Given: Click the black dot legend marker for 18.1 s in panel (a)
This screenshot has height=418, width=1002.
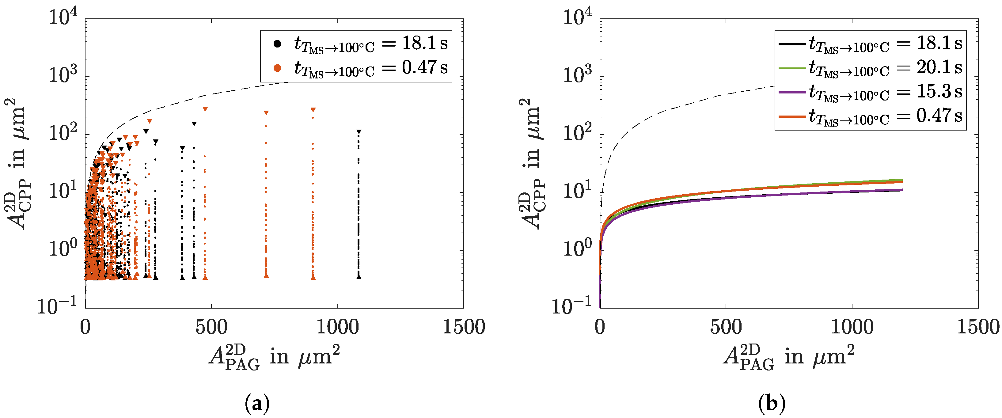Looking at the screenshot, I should click(277, 44).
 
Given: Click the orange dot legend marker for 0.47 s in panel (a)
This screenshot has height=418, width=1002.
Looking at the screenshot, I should click(277, 68).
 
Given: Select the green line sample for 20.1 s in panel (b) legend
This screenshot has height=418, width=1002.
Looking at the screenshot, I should click(791, 68).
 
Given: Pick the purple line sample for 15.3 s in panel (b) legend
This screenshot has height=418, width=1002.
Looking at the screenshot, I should click(791, 92).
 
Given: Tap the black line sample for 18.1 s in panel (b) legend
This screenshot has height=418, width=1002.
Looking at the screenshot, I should click(791, 44).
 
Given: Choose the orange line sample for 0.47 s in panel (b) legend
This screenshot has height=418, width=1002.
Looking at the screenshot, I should click(791, 116).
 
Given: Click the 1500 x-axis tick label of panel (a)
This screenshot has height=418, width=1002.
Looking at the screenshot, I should click(463, 327).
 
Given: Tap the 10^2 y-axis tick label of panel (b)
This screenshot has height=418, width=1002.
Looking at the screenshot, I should click(577, 133).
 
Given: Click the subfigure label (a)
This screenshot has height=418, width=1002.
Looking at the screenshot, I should click(257, 404).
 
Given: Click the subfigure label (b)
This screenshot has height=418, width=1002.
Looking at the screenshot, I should click(772, 404).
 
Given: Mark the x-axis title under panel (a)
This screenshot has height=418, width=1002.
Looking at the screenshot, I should click(274, 357).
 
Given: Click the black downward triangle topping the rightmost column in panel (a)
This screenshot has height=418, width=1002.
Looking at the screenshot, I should click(359, 132).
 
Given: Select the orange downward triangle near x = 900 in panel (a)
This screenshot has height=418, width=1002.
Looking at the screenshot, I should click(313, 110).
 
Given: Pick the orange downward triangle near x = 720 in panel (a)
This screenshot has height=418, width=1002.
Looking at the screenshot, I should click(266, 113).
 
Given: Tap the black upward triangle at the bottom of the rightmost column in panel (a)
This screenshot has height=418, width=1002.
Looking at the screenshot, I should click(359, 276).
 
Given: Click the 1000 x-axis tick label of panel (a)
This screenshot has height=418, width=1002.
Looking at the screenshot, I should click(337, 327).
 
